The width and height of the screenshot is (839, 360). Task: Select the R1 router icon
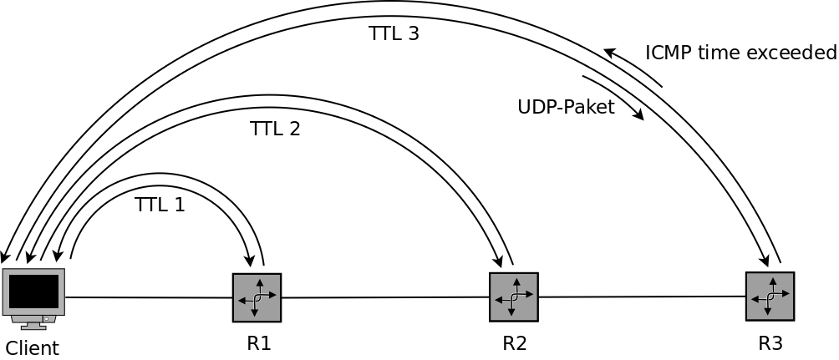point(257,297)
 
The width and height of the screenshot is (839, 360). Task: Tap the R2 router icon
point(513,297)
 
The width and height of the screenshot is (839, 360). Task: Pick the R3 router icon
point(770,296)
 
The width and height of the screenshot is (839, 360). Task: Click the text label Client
point(33,347)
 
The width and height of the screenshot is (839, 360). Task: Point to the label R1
point(259,342)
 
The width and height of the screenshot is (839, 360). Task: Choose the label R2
point(515,342)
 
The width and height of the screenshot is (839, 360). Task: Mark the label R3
point(770,342)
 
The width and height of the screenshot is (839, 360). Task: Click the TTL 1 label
point(160,205)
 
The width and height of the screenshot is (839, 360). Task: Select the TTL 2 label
point(275,129)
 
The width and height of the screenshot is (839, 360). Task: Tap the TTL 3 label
point(394,34)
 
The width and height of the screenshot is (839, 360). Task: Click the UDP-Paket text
point(566,107)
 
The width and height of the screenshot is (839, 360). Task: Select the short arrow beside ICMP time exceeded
point(633,67)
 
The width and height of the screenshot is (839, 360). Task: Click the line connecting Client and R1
point(149,297)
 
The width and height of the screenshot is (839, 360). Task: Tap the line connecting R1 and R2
point(384,297)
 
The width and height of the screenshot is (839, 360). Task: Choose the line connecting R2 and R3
point(642,297)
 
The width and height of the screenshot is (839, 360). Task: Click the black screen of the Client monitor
point(33,292)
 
